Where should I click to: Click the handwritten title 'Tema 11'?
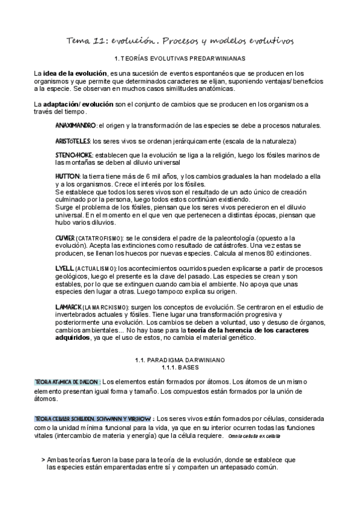[x=88, y=40]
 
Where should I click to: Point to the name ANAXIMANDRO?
[x=75, y=126]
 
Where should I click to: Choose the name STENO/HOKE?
[x=73, y=155]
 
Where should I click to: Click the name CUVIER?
[x=65, y=238]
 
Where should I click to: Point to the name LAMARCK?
[x=67, y=307]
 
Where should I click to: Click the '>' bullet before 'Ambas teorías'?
[x=43, y=459]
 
